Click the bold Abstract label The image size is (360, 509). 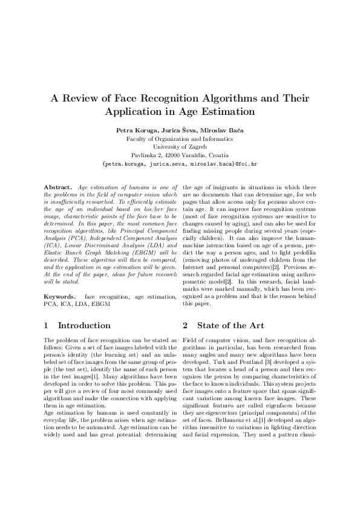pos(57,189)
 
